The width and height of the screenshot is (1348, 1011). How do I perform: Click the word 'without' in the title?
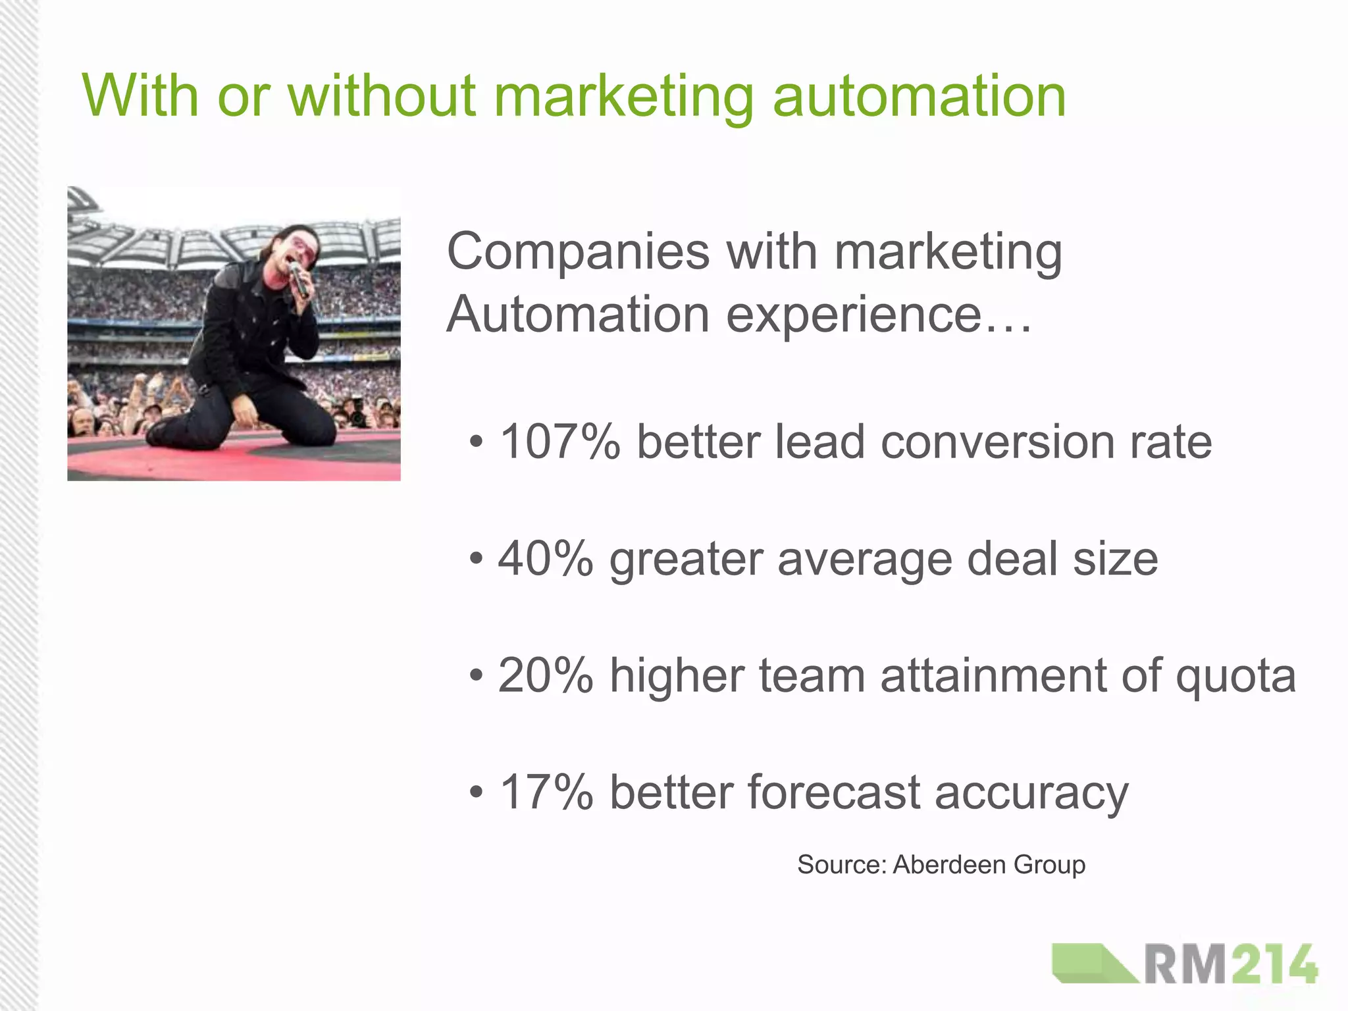[x=381, y=96]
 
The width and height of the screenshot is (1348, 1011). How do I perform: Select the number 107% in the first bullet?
[x=560, y=442]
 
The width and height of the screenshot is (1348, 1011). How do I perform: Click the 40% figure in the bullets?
[x=546, y=559]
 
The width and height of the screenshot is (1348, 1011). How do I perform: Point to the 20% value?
[x=546, y=676]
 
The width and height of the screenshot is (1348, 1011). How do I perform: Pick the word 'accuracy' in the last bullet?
[x=1031, y=794]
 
